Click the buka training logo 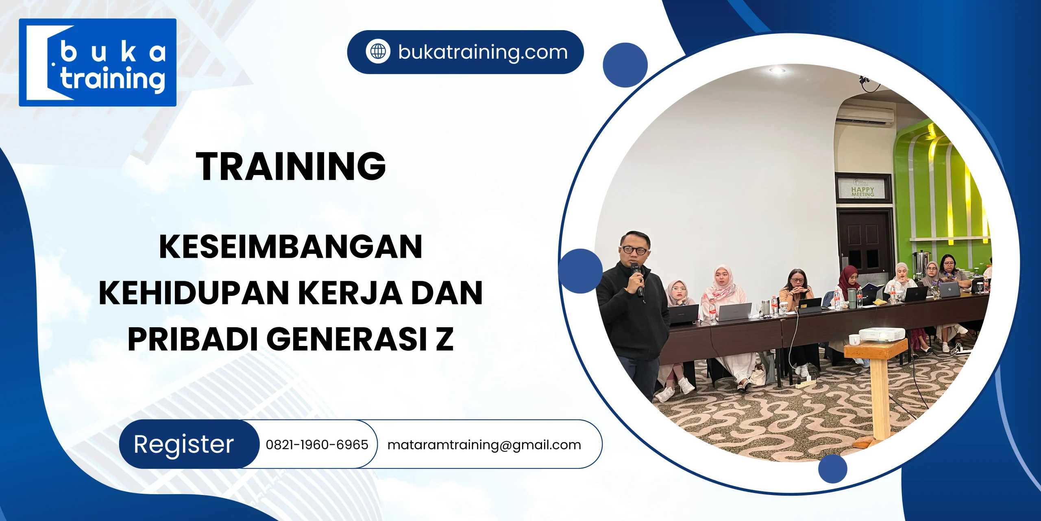point(98,62)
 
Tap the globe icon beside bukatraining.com point(378,52)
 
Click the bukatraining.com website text point(483,52)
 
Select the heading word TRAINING point(291,166)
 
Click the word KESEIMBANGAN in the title point(291,247)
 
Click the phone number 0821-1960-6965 point(317,444)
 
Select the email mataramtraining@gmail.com point(484,444)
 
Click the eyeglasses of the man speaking point(635,250)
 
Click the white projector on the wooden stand point(881,334)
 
